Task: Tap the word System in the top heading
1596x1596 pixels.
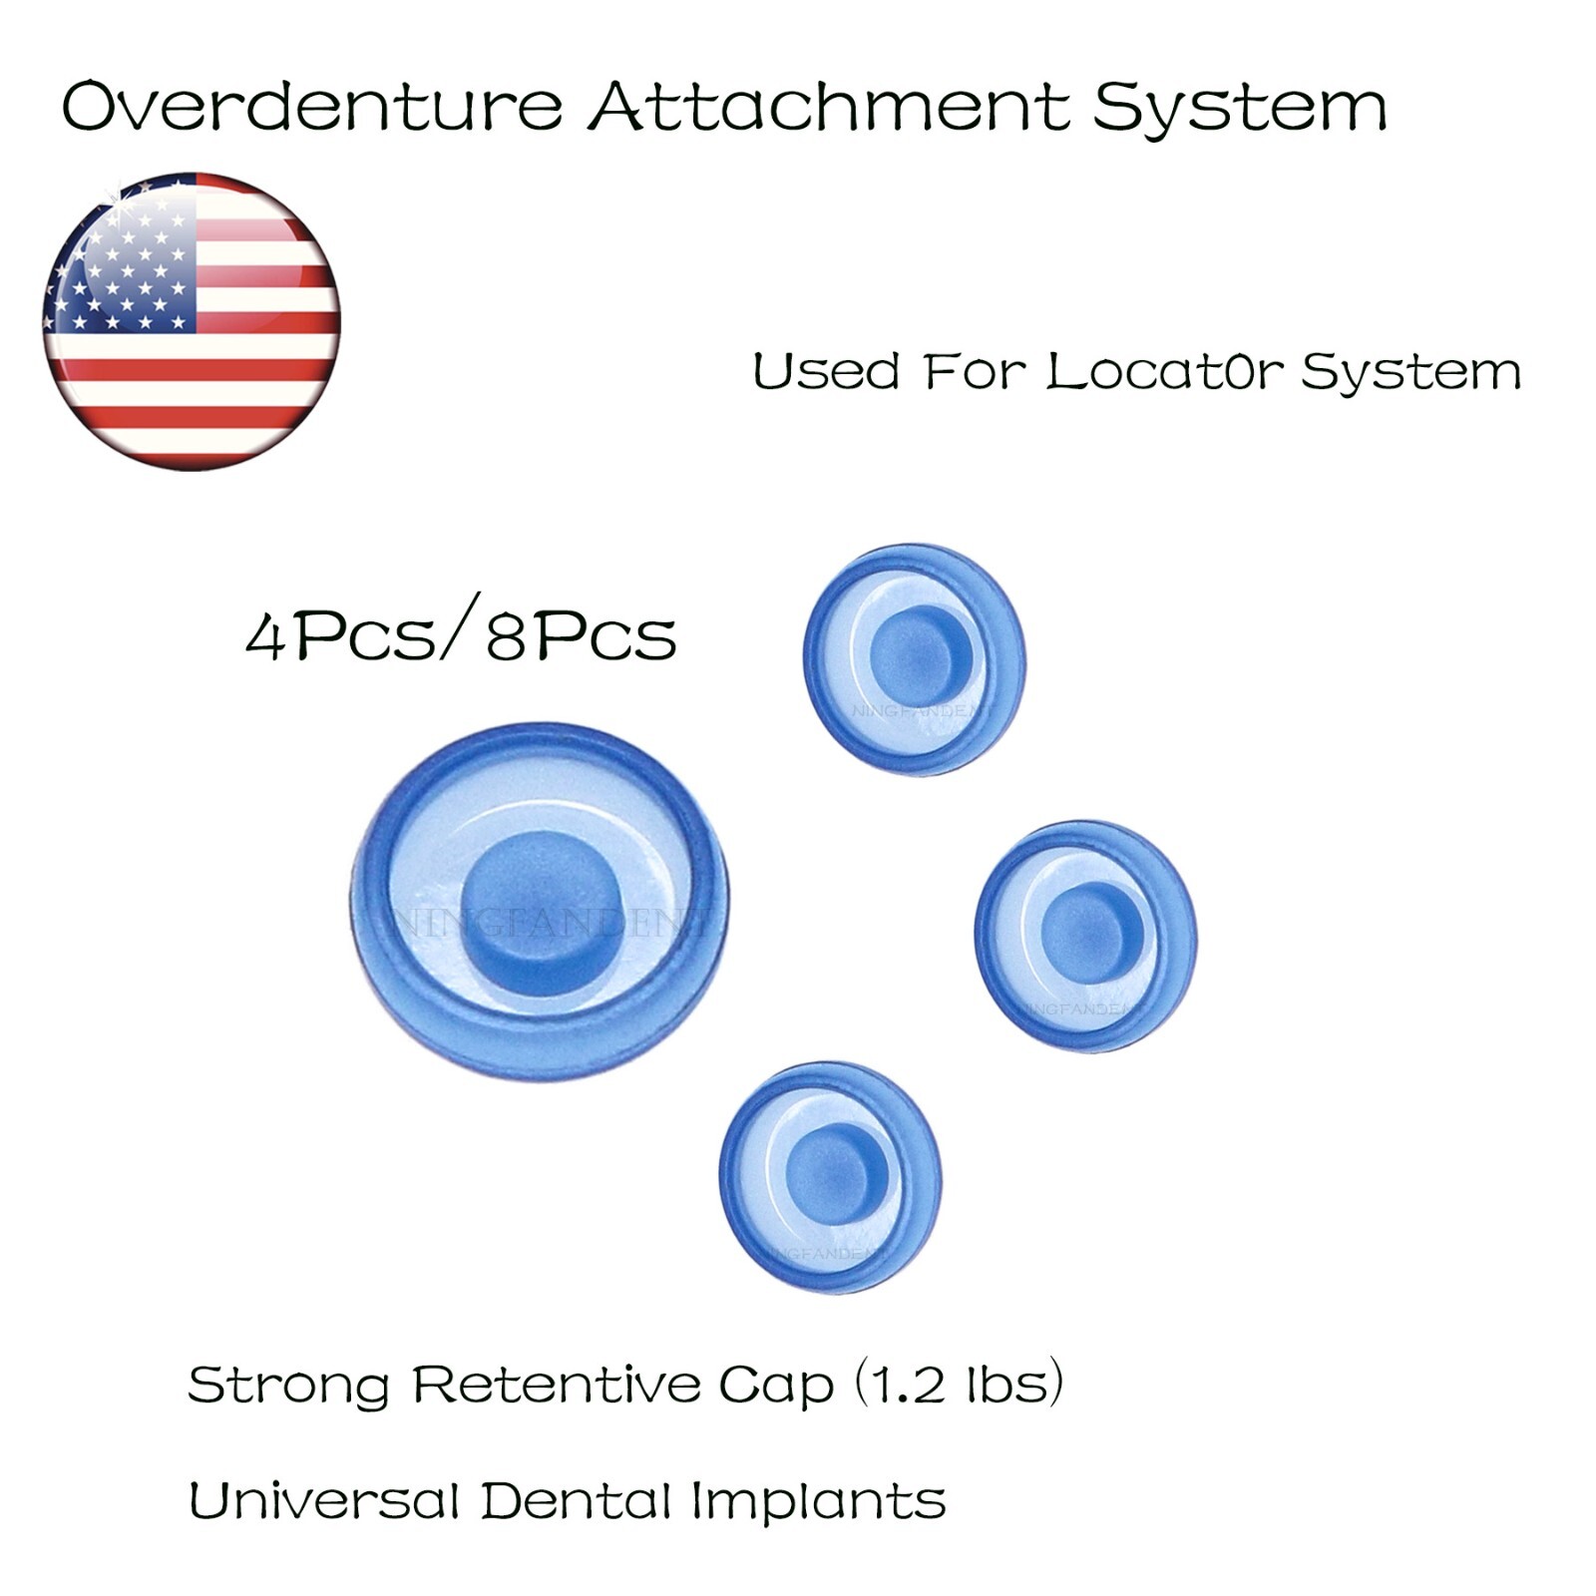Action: pyautogui.click(x=1239, y=108)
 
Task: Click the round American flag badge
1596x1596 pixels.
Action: pyautogui.click(x=192, y=321)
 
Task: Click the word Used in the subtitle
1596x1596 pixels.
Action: pyautogui.click(x=826, y=371)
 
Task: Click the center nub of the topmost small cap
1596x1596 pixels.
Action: pyautogui.click(x=920, y=654)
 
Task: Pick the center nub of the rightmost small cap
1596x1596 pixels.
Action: pyautogui.click(x=1089, y=930)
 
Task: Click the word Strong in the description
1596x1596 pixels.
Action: pyautogui.click(x=287, y=1385)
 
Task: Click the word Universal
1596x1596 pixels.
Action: pyautogui.click(x=323, y=1500)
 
